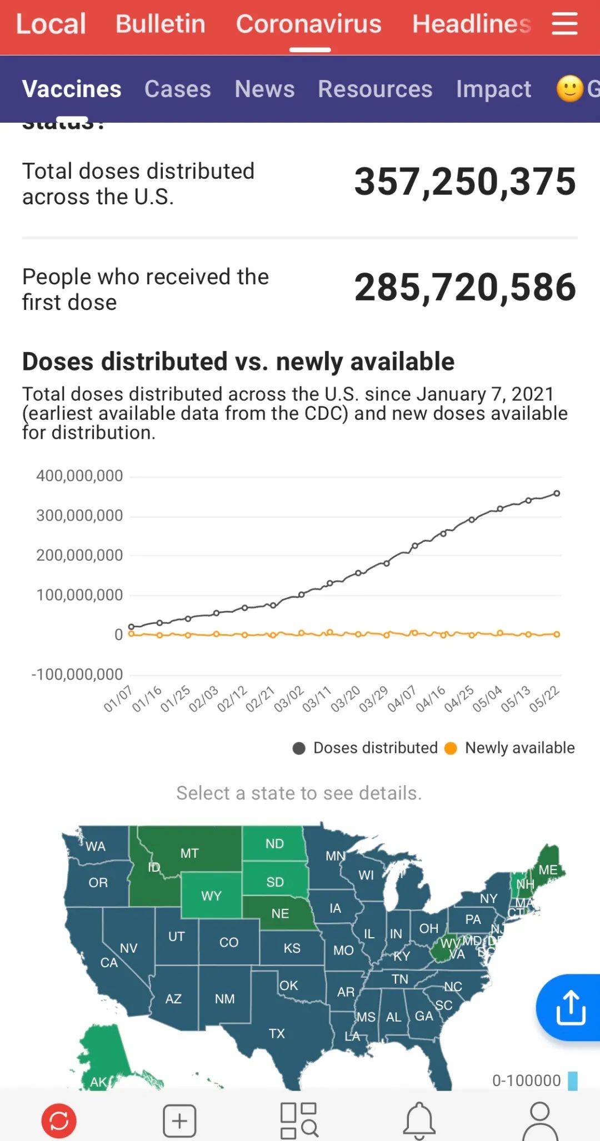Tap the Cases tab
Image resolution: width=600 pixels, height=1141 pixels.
click(x=178, y=89)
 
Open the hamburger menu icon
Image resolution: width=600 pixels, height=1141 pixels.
click(x=564, y=24)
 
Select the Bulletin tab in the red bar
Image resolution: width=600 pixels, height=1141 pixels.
click(x=160, y=24)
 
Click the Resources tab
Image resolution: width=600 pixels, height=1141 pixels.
click(x=375, y=89)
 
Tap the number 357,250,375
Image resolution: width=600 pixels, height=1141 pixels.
click(x=465, y=182)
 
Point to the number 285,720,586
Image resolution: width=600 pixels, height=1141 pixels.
click(x=465, y=287)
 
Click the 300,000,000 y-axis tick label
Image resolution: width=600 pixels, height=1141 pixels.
click(x=79, y=516)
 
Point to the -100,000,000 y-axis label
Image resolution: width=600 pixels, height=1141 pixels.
click(x=77, y=675)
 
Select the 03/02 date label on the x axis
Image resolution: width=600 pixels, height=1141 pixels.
click(x=289, y=698)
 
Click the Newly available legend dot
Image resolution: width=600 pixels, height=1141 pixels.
click(x=451, y=748)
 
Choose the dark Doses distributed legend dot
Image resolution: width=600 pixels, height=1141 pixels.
click(x=299, y=748)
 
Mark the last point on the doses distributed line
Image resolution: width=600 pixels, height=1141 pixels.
click(x=557, y=493)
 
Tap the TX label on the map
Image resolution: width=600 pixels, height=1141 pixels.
click(x=277, y=1033)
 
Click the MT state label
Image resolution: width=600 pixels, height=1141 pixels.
click(x=189, y=853)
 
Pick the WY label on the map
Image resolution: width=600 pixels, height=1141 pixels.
click(x=211, y=896)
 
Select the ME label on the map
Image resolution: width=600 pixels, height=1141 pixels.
click(x=548, y=870)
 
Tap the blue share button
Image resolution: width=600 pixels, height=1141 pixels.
click(x=571, y=1007)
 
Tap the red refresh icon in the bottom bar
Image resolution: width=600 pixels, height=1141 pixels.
click(x=59, y=1120)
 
